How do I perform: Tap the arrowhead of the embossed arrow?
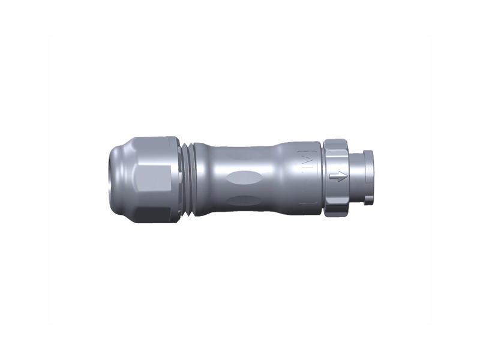(x=344, y=176)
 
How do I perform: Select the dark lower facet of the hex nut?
(x=157, y=210)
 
